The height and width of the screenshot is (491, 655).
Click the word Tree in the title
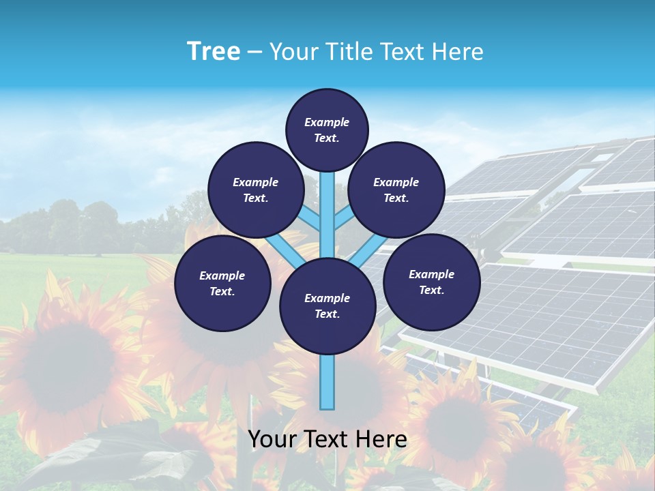214,51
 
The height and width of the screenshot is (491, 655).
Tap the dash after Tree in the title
254,53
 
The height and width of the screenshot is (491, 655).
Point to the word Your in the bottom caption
272,439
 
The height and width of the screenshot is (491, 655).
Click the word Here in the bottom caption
381,439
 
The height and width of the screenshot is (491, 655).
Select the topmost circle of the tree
327,130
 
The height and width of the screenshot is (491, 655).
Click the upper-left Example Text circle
255,190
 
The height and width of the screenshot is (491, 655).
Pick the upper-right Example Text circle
396,190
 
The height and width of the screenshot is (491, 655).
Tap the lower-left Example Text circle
222,283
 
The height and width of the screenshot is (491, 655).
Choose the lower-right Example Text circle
431,282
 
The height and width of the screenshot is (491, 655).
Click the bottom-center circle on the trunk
327,306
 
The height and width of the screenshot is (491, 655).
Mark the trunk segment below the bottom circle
327,382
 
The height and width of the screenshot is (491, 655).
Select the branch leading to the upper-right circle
345,218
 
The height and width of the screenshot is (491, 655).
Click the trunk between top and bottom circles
327,218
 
